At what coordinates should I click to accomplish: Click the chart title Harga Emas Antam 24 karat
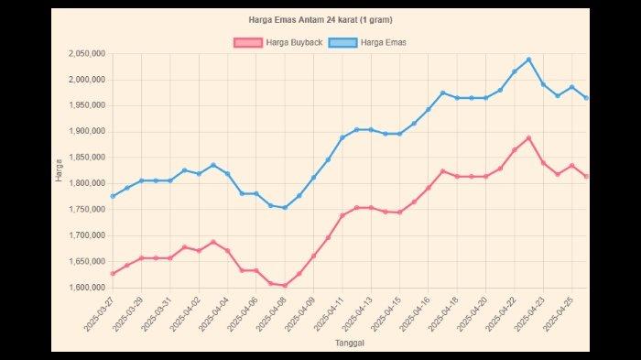320,19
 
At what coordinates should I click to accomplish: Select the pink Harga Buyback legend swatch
247,42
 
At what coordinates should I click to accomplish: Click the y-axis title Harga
59,170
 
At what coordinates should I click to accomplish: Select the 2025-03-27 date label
97,314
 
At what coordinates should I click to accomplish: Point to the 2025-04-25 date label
557,314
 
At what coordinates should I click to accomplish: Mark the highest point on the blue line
528,60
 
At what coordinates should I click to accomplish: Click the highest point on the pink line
528,138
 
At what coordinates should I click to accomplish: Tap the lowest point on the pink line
285,285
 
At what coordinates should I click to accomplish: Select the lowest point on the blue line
285,208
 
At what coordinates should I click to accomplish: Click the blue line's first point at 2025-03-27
113,196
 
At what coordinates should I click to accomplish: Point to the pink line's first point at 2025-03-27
113,273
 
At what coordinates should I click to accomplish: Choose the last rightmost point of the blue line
586,98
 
